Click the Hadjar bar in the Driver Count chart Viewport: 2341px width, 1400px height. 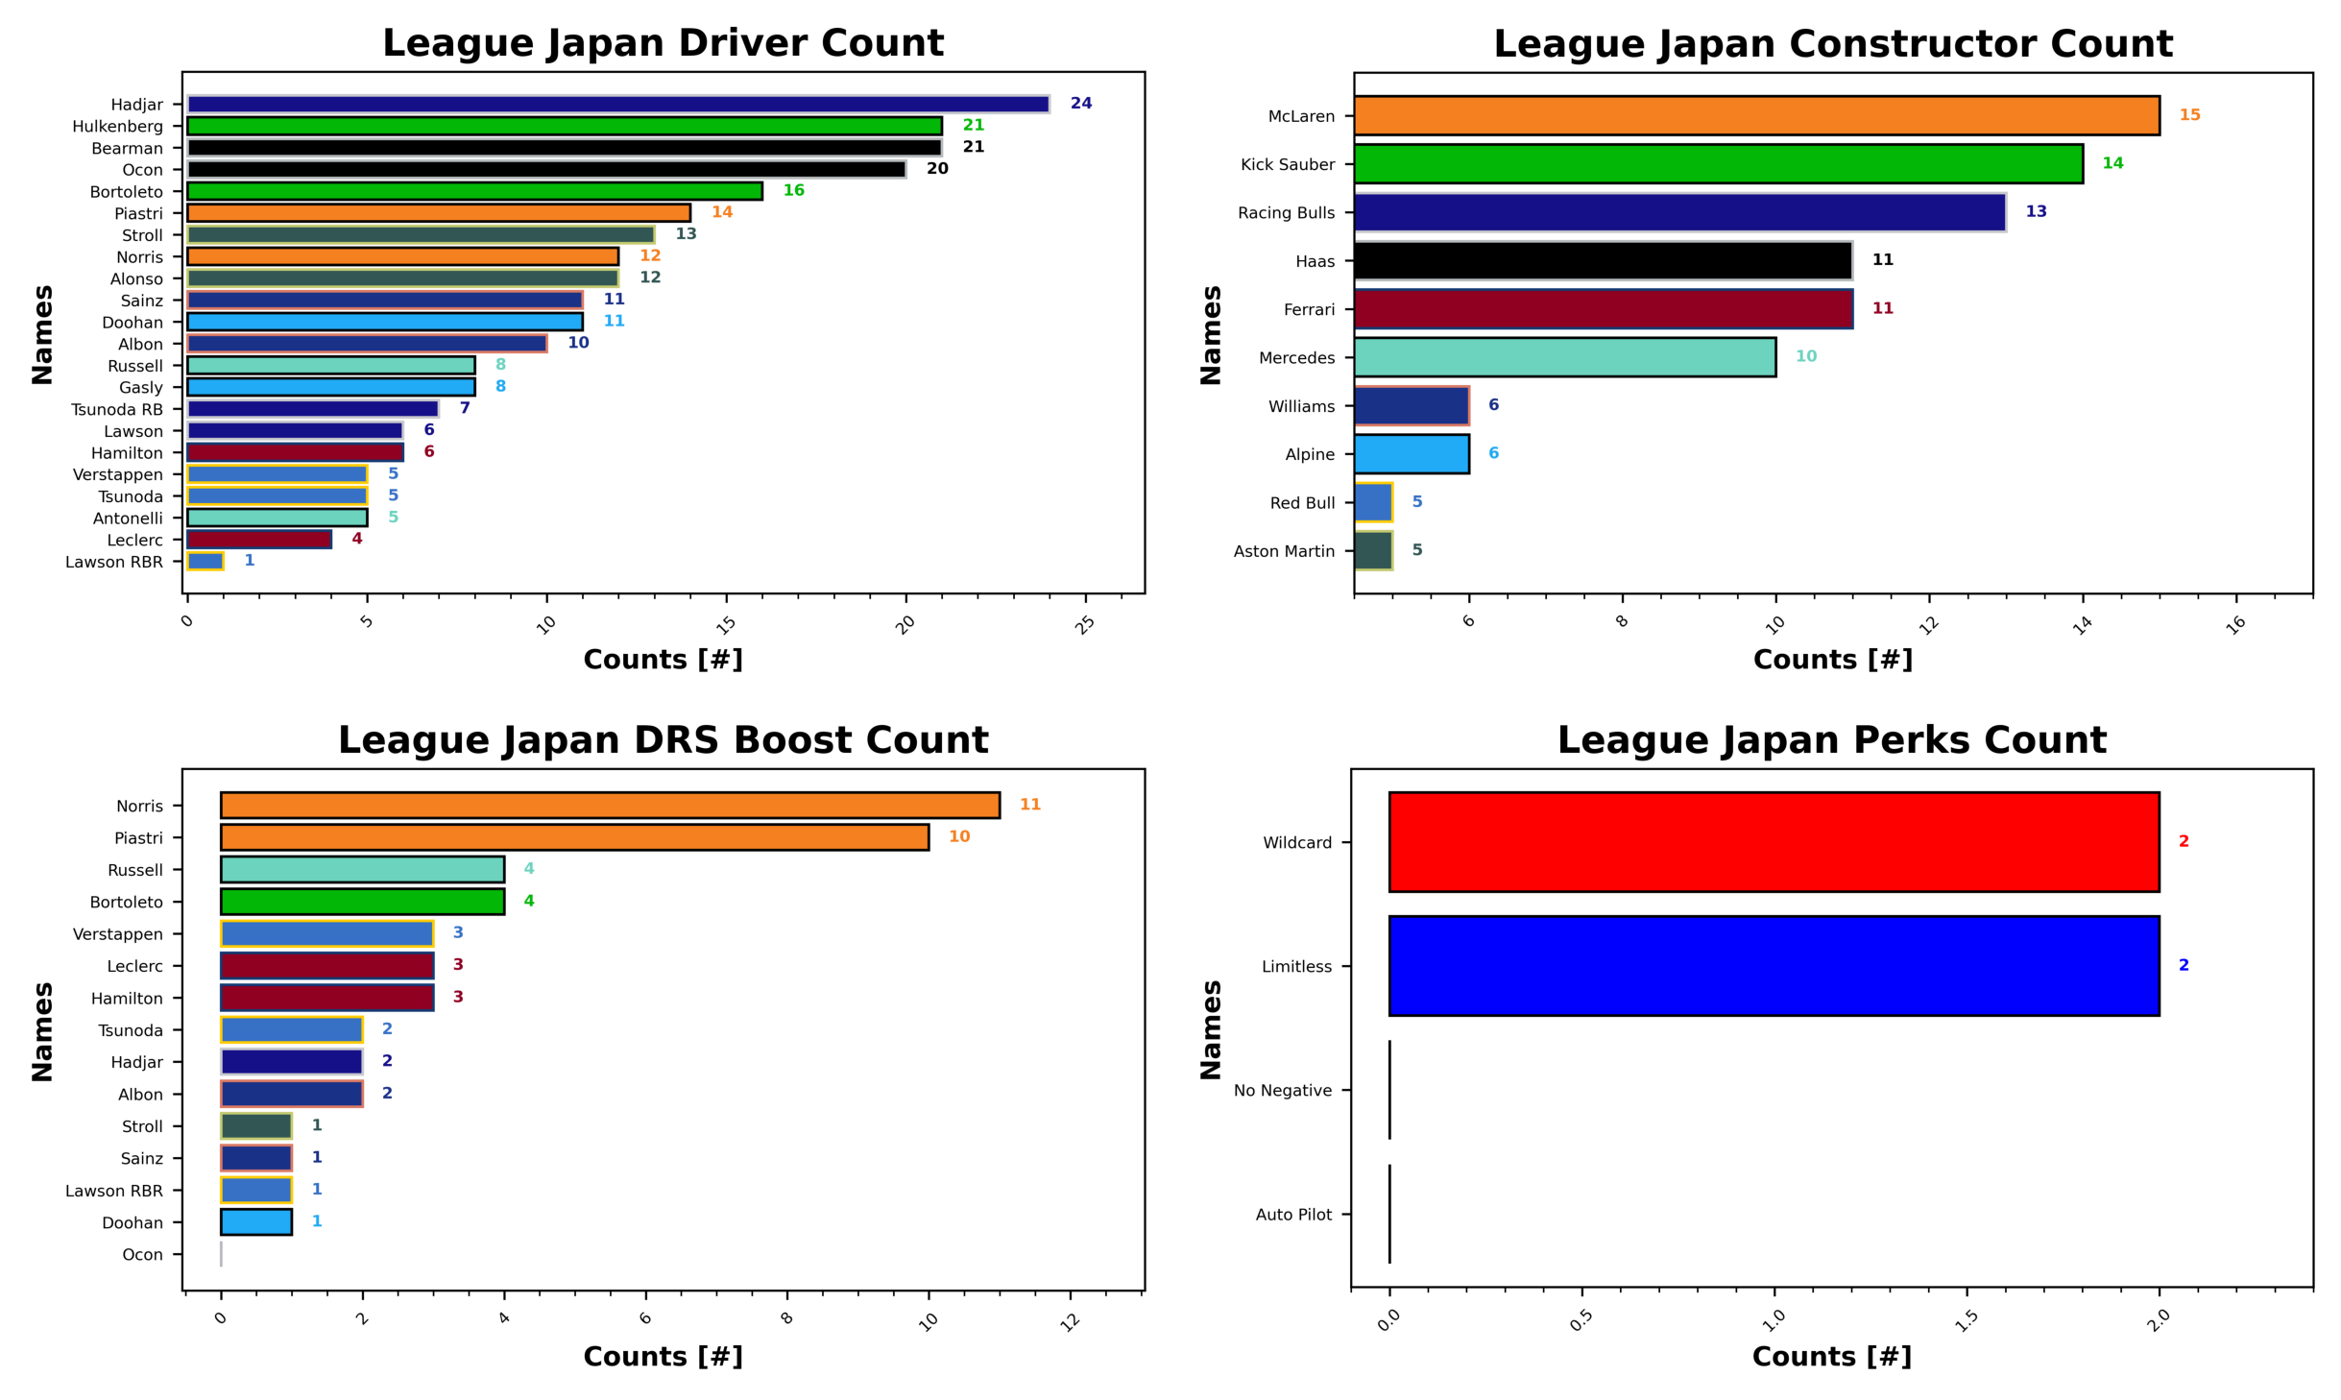617,104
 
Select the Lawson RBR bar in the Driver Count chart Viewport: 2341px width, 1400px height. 205,561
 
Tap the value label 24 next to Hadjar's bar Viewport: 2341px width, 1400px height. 1080,103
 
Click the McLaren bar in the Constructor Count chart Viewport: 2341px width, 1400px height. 1755,115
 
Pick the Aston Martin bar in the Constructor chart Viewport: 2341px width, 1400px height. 1372,550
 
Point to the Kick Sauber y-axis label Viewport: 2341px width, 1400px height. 1287,164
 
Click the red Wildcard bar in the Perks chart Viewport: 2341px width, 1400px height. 1774,841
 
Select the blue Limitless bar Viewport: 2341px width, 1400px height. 1774,965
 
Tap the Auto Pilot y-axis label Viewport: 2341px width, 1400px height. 1292,1214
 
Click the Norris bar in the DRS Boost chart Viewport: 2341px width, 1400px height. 610,805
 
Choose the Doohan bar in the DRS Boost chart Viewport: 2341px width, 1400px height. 255,1221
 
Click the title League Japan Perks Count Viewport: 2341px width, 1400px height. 1831,739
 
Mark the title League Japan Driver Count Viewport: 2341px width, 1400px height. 663,43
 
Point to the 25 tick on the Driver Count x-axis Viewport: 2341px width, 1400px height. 1085,623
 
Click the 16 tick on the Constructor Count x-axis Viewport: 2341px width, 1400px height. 2236,623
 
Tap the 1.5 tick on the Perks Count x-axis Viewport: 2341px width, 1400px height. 1966,1320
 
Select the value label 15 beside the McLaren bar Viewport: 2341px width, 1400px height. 2189,115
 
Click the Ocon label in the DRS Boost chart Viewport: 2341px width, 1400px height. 142,1254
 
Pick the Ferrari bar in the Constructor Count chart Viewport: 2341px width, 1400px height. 1603,309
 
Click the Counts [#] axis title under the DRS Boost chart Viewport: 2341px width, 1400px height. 663,1356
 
